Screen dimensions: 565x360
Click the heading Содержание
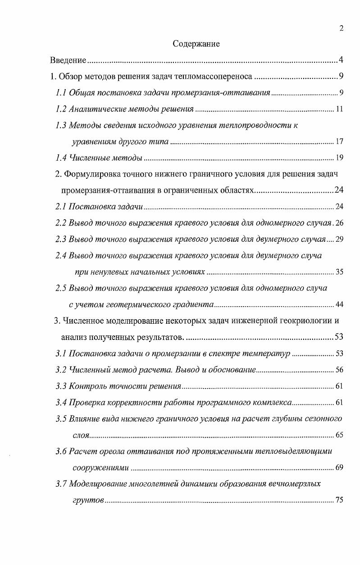pyautogui.click(x=196, y=44)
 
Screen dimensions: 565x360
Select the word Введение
pyautogui.click(x=68, y=60)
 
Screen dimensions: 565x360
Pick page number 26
pyautogui.click(x=339, y=223)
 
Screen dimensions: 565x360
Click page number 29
pyautogui.click(x=339, y=239)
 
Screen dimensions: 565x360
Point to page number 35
pyautogui.click(x=339, y=272)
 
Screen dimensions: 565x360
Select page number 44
pyautogui.click(x=339, y=305)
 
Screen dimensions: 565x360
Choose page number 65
pyautogui.click(x=339, y=435)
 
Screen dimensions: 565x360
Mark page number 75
pyautogui.click(x=339, y=500)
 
